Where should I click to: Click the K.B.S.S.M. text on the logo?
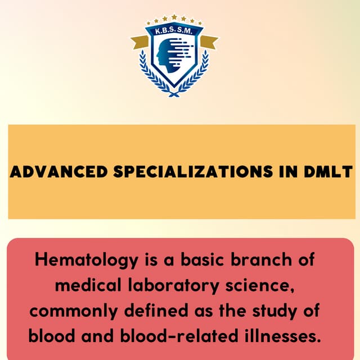tap(174, 32)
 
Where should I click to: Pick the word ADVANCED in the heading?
tap(58, 172)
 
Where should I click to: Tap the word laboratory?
tap(176, 286)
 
